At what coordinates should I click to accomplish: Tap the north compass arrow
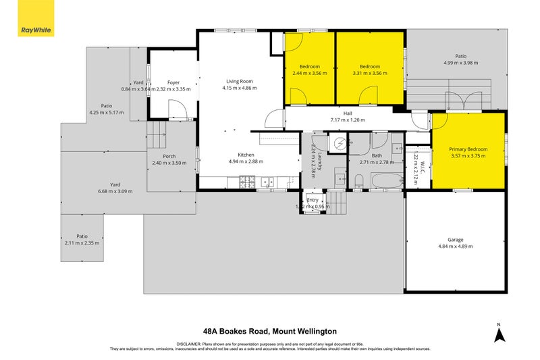(x=498, y=334)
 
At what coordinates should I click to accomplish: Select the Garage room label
(x=456, y=239)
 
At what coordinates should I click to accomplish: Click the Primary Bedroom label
(x=468, y=149)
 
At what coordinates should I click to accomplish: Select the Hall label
(x=348, y=113)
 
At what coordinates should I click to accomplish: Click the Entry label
(x=313, y=200)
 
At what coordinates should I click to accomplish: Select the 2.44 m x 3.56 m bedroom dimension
(x=310, y=73)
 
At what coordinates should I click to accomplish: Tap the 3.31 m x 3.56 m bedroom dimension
(x=370, y=73)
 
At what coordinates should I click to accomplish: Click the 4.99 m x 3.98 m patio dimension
(x=460, y=63)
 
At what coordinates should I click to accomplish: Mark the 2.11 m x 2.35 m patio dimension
(x=82, y=242)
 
